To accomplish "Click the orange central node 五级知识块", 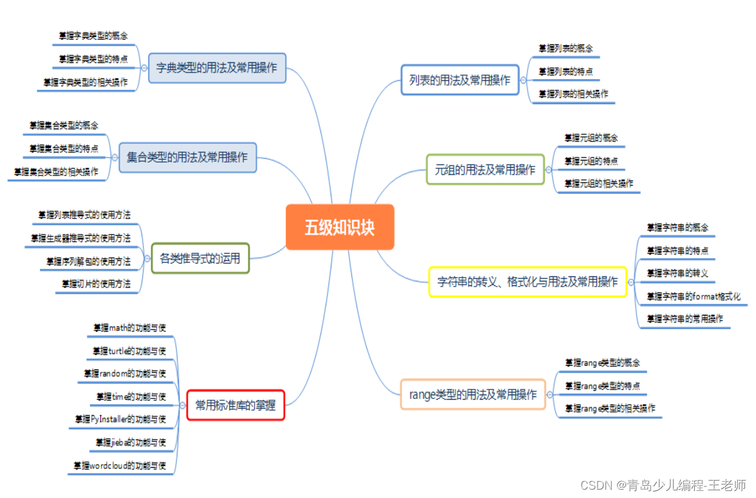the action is tap(339, 227).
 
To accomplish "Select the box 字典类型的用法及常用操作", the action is tap(217, 67).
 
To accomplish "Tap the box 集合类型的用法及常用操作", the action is tap(187, 157).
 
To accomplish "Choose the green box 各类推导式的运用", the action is tap(200, 259).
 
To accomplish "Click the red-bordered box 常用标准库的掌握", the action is tap(235, 405).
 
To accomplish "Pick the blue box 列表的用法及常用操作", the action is tap(459, 80).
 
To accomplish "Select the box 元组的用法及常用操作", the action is tap(485, 170).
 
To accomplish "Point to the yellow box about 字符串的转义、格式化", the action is tap(528, 282).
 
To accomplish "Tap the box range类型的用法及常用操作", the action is tap(473, 395).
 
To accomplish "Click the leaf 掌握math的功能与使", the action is tap(129, 328).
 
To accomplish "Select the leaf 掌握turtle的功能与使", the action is tap(129, 351).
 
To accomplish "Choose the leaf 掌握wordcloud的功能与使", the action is tap(120, 466).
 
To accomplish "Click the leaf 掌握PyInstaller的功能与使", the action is tap(120, 420).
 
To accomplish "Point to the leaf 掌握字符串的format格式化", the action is tap(693, 297).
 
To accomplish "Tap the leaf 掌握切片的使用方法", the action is tap(96, 284).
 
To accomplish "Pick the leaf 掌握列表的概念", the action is tap(566, 49).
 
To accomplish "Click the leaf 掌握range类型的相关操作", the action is tap(610, 409).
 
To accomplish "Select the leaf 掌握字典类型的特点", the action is tap(93, 59).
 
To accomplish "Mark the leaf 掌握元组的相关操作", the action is tap(598, 184).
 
